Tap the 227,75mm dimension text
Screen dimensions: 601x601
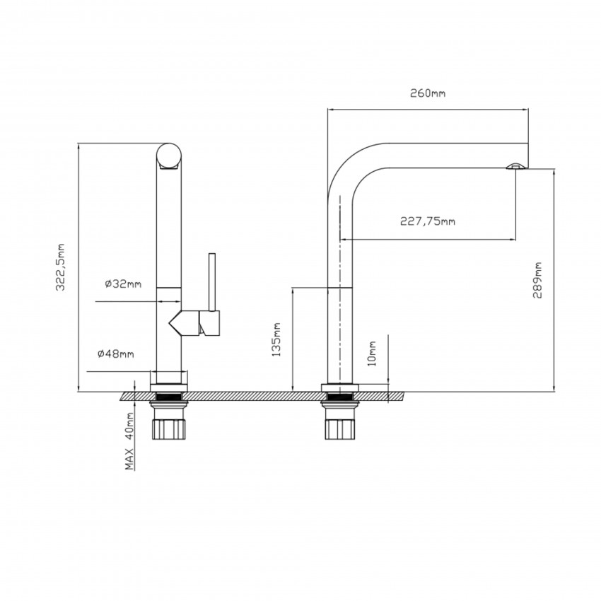tap(428, 221)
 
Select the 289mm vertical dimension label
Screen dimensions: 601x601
tap(539, 281)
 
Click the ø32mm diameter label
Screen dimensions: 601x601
tap(123, 284)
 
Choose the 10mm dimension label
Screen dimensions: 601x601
tap(373, 351)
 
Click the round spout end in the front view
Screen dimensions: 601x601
tap(168, 156)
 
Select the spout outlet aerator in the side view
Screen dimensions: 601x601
tap(515, 166)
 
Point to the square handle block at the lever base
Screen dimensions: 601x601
tap(211, 323)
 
